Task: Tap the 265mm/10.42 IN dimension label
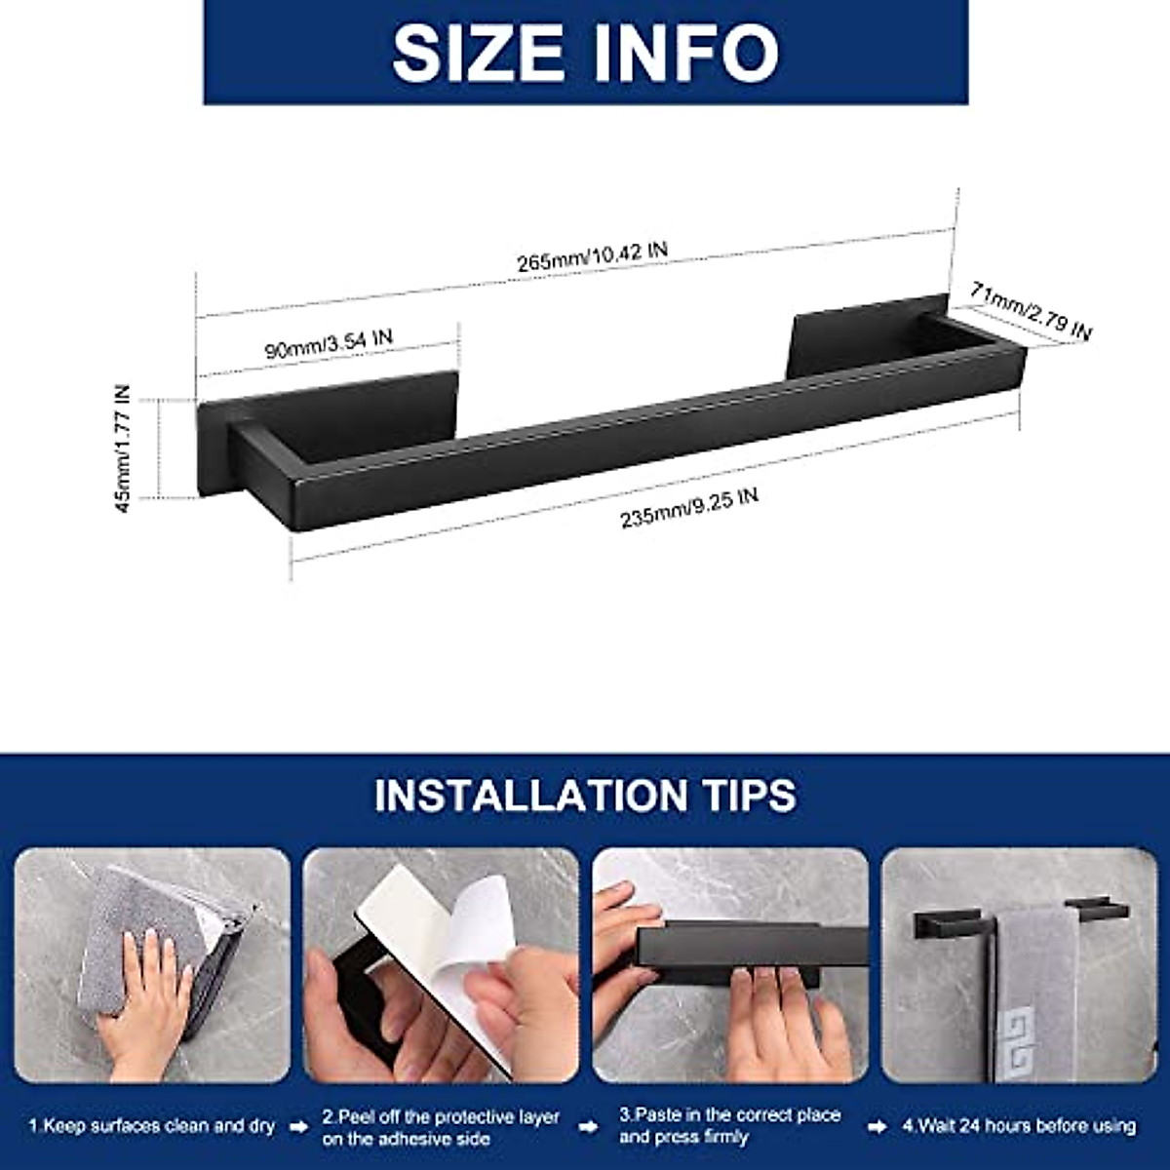point(592,255)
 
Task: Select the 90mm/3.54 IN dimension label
point(329,342)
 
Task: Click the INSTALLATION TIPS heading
point(585,795)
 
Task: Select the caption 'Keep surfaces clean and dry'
point(152,1125)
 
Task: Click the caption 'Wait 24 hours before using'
point(1019,1125)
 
